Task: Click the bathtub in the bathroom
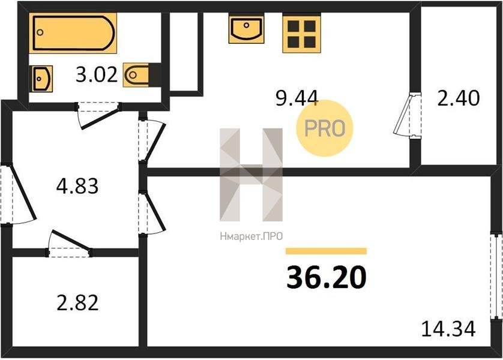coord(73,32)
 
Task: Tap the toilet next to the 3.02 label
coord(142,75)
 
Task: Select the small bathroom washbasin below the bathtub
coord(41,79)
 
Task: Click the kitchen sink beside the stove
coord(246,29)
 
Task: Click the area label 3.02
coord(97,76)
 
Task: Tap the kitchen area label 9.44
coord(297,98)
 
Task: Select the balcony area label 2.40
coord(459,98)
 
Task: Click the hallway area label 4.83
coord(77,186)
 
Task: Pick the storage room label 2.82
coord(77,303)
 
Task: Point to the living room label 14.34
coord(448,329)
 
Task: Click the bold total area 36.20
coord(327,278)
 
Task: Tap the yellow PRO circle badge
coord(324,128)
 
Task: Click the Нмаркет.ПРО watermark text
coord(251,236)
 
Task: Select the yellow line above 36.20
coord(326,251)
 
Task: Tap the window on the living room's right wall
coord(496,276)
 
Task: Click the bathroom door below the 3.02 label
coord(99,115)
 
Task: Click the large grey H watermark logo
coord(251,175)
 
